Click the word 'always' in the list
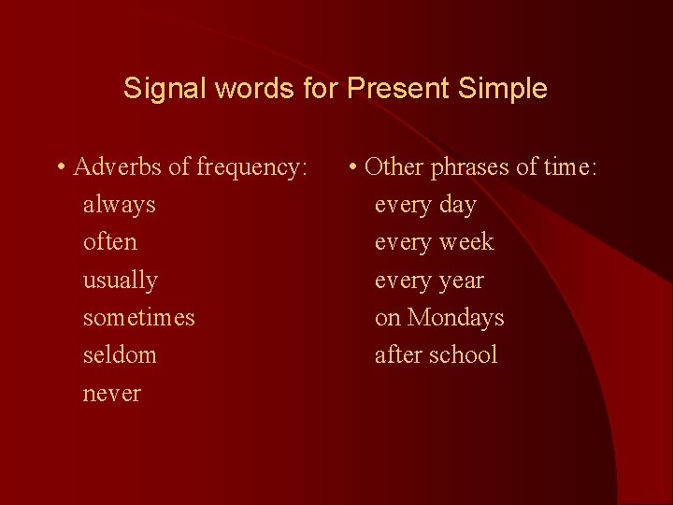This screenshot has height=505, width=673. click(x=119, y=205)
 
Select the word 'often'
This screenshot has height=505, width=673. click(x=109, y=242)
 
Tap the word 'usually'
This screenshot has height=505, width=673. click(x=120, y=281)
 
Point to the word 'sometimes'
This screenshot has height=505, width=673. click(x=138, y=318)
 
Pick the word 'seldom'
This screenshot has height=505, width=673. click(x=120, y=355)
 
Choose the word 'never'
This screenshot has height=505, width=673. click(x=111, y=394)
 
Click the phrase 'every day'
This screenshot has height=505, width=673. click(x=425, y=205)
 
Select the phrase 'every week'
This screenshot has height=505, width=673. click(x=434, y=242)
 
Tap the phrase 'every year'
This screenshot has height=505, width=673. click(x=429, y=281)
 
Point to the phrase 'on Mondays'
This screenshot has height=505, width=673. click(x=439, y=318)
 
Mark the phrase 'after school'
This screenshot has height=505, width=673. click(x=436, y=355)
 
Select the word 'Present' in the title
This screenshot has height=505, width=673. click(x=398, y=90)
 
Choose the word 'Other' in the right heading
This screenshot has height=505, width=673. click(x=394, y=167)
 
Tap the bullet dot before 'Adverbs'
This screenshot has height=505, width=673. click(x=60, y=169)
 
